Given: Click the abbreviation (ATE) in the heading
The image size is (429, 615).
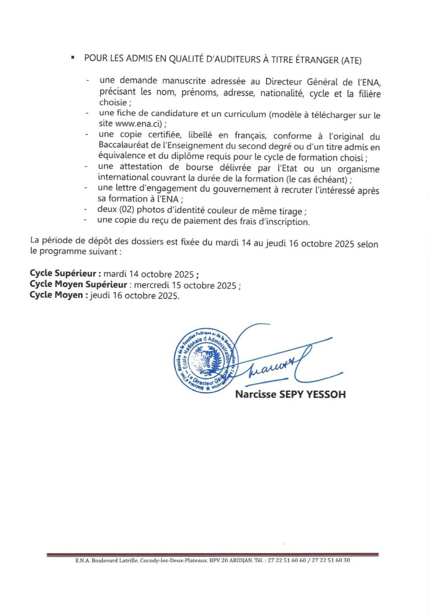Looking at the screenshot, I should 351,59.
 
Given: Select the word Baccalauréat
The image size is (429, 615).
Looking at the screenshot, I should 122,146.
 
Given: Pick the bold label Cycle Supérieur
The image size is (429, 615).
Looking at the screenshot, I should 65,274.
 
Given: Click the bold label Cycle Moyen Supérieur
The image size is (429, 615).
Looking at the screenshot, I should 79,285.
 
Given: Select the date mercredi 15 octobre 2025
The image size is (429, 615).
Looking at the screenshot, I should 186,285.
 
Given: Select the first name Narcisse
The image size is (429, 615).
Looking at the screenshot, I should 255,394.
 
